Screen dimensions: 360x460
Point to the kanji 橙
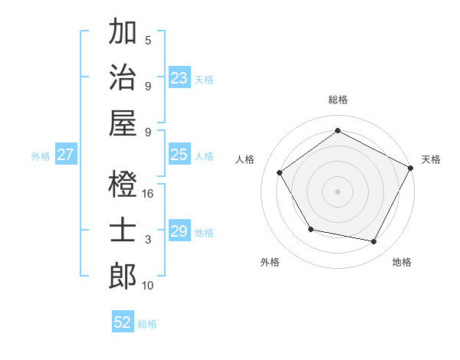pos(123,185)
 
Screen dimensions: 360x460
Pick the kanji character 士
pos(123,231)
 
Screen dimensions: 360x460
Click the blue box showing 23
pos(179,77)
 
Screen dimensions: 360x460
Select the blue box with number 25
pos(179,155)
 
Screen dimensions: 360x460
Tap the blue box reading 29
pos(179,231)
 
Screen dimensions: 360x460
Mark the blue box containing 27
pos(66,155)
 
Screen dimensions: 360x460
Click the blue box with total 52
pos(123,322)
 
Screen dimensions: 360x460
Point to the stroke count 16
pos(148,194)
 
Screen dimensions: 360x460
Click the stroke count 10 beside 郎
pos(148,286)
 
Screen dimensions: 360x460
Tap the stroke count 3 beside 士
pos(148,240)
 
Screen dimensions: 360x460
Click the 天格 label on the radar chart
pos(432,159)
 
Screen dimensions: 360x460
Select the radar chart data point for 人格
pos(280,172)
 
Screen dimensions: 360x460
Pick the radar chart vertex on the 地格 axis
pos(374,242)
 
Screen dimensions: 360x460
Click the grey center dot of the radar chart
pos(337,191)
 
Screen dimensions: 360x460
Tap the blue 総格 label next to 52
pos(147,324)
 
